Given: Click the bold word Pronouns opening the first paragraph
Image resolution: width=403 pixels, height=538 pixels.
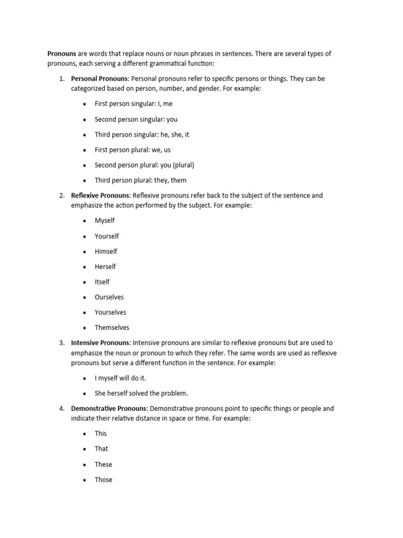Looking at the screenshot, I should tap(62, 54).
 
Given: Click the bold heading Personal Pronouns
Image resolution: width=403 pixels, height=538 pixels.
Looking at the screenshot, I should tap(99, 79).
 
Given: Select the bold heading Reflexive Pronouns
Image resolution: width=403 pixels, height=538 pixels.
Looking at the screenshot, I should tap(101, 195).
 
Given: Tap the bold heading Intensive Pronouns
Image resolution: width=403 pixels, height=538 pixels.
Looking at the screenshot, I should tap(100, 343).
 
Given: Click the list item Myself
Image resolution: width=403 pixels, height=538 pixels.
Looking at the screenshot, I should tap(104, 221).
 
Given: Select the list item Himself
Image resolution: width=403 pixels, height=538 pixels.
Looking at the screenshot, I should tap(105, 251).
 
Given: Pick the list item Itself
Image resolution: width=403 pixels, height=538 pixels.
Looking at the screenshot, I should tap(102, 282).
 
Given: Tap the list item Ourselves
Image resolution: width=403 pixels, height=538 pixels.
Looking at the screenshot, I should tap(109, 297).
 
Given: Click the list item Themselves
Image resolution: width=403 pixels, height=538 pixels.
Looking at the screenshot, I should tap(112, 328).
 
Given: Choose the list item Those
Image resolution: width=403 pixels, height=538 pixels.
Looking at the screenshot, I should tap(103, 480).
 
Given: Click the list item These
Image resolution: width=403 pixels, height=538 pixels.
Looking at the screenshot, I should tap(103, 464).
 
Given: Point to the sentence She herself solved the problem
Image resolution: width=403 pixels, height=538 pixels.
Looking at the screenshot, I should tap(141, 394).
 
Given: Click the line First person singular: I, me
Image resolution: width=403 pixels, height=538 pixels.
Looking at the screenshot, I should tap(133, 104).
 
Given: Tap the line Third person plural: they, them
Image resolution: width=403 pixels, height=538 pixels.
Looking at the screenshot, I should tap(140, 180).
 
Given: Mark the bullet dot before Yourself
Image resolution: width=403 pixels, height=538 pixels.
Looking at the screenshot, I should tap(84, 236).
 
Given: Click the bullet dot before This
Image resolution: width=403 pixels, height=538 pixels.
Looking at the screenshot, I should tap(84, 434).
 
